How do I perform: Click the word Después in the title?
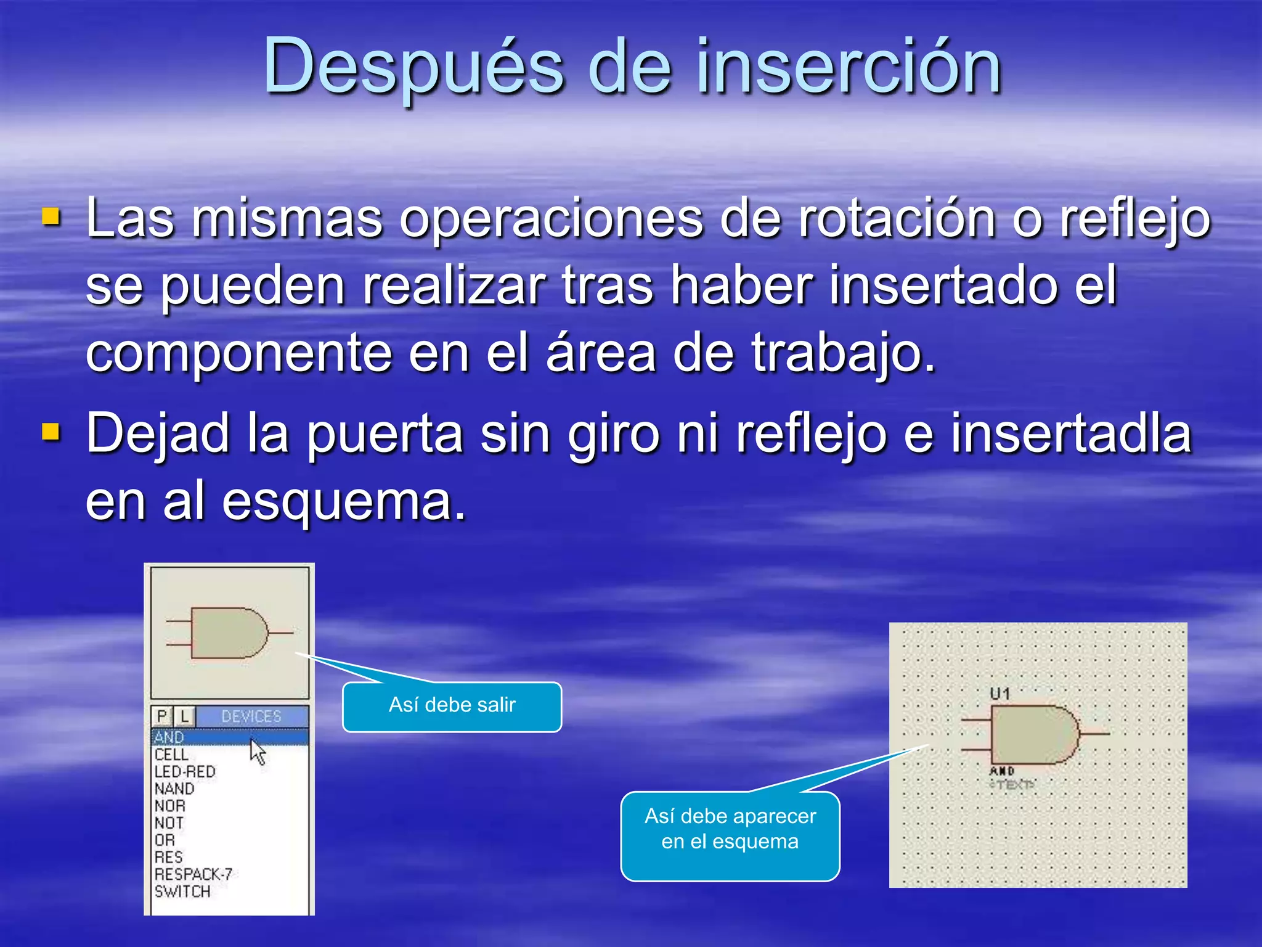(413, 67)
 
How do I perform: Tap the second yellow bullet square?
(51, 432)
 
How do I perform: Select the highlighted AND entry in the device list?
(169, 737)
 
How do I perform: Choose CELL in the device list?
(171, 755)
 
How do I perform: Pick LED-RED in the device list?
(185, 772)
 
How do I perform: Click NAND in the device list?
(174, 789)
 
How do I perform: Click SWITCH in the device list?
(182, 892)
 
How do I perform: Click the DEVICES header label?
(251, 716)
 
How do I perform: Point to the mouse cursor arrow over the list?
(257, 752)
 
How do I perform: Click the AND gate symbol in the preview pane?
(229, 633)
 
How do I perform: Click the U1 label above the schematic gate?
(1000, 694)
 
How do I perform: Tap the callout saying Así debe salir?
(452, 706)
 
